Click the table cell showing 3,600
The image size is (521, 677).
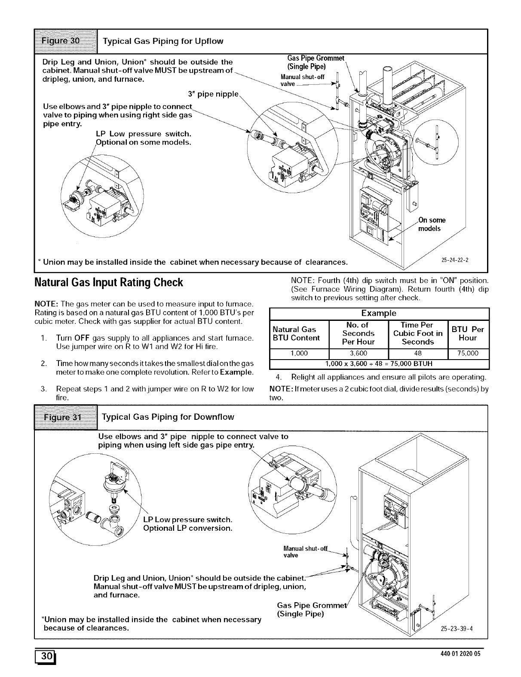pyautogui.click(x=358, y=354)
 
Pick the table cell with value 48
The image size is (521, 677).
pyautogui.click(x=417, y=354)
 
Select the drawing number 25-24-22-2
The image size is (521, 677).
pyautogui.click(x=455, y=260)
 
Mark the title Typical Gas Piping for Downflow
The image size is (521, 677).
pyautogui.click(x=168, y=417)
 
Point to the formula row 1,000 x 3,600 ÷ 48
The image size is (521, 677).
pyautogui.click(x=378, y=363)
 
